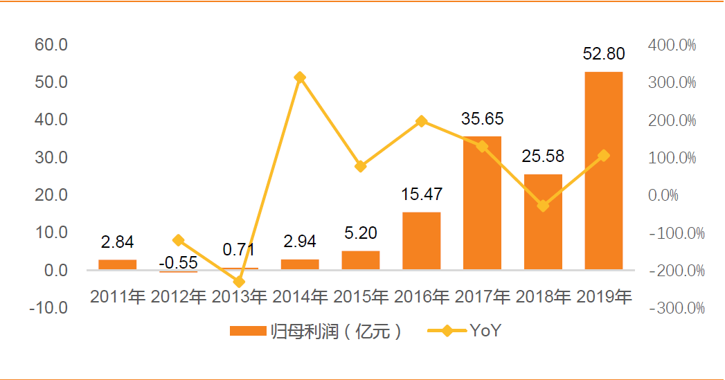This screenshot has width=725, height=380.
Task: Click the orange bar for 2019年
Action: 603,170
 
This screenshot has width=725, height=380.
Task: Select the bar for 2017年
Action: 482,203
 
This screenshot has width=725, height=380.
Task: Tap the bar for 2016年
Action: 421,240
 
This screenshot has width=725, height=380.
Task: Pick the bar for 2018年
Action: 543,221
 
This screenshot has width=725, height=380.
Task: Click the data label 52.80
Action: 604,54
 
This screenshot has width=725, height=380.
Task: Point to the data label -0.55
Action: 178,263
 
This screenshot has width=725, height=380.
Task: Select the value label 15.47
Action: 421,194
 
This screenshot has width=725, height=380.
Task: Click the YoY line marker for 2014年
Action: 300,77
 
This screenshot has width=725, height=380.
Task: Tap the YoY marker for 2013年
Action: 239,282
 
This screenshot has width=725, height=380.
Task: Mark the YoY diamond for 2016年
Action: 421,121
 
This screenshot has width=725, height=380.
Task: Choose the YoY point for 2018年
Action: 543,206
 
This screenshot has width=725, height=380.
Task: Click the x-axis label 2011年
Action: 118,297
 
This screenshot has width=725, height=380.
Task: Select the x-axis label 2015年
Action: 360,297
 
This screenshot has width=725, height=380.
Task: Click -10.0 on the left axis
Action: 48,308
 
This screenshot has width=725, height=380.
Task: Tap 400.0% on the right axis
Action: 672,45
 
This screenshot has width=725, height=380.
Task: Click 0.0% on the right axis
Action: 663,195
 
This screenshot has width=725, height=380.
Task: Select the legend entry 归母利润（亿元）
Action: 316,332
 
